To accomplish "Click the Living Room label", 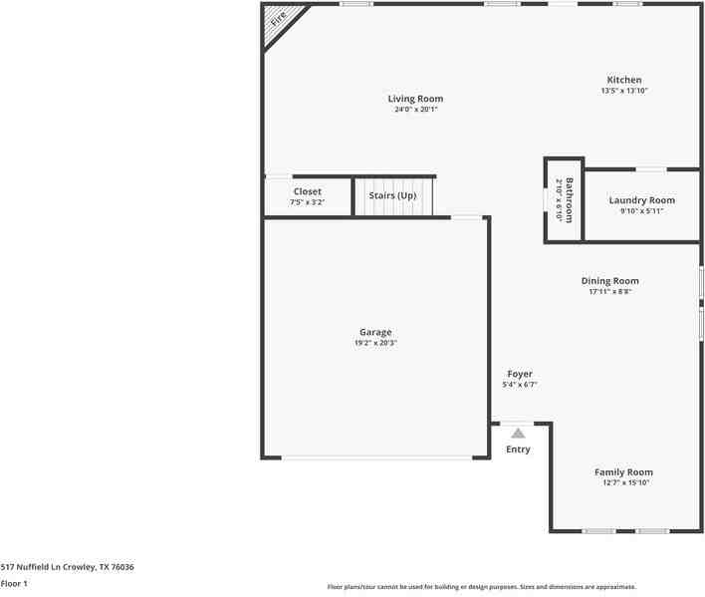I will coord(415,99).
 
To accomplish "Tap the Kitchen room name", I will coord(624,80).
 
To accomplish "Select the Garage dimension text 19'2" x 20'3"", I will coord(375,343).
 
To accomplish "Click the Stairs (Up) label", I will coord(392,195).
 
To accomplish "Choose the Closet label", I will coord(307,191).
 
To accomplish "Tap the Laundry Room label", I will coord(641,200).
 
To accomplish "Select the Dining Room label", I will coord(610,281).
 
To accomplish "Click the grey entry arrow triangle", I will coord(518,433).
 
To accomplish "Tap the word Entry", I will coord(518,449).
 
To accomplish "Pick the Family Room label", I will coord(623,471).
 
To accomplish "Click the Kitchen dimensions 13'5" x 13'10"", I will coord(624,91).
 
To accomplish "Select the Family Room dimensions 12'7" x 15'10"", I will coord(624,483).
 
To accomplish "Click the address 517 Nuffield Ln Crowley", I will coord(67,567).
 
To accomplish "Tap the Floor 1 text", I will coord(14,583).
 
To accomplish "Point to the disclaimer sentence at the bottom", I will coord(481,587).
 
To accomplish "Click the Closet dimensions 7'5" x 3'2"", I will coord(307,202).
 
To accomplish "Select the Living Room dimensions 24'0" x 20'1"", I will coord(415,110).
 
